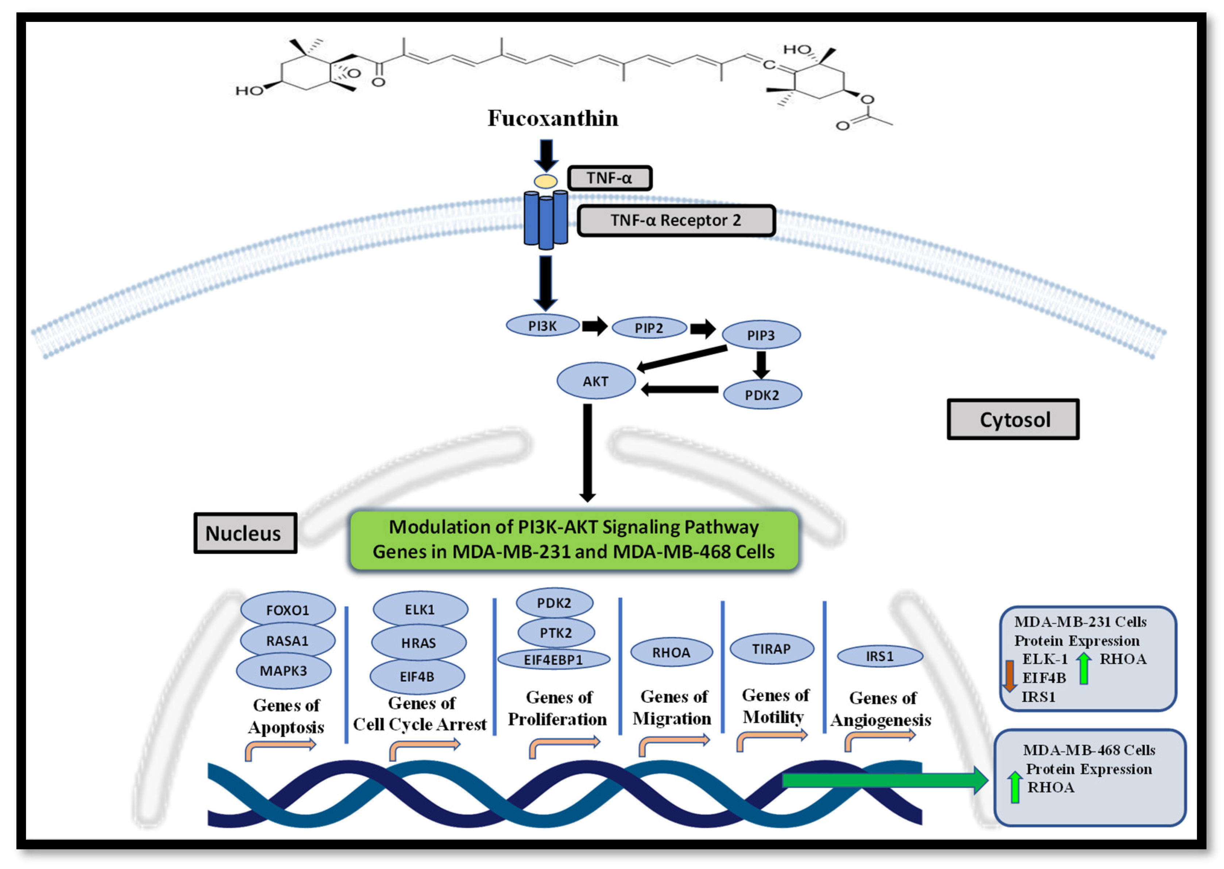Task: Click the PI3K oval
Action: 543,326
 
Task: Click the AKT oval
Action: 595,381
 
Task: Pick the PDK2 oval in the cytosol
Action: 761,395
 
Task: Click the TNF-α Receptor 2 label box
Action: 676,220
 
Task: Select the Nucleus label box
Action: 245,533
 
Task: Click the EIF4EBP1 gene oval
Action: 553,659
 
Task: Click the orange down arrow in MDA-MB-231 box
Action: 1009,675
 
